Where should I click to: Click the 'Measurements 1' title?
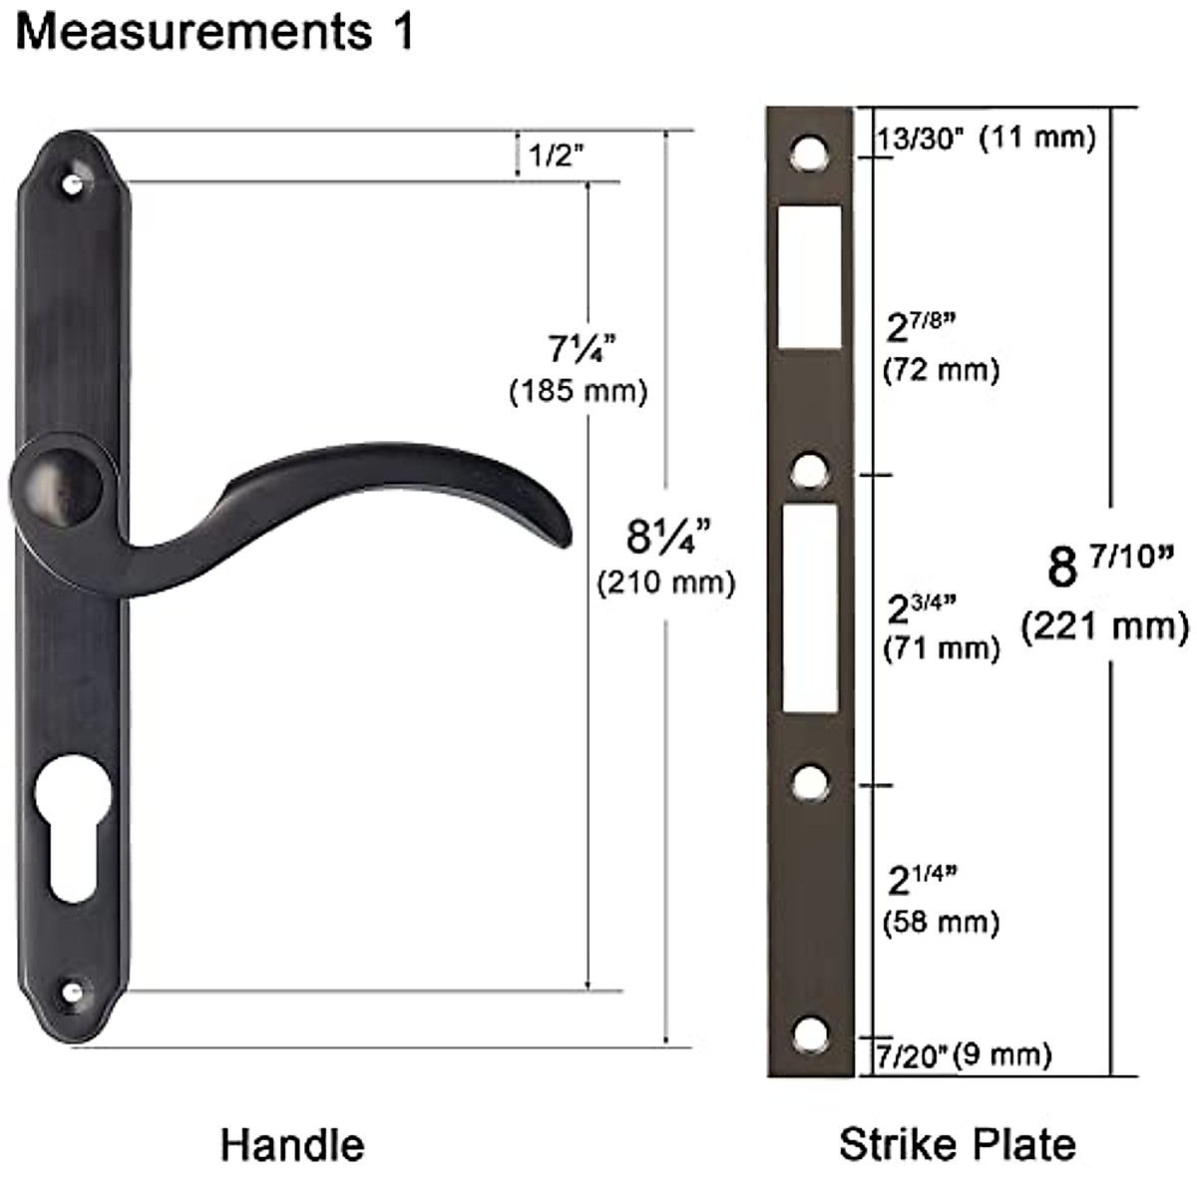[x=213, y=32]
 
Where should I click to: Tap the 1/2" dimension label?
[x=556, y=156]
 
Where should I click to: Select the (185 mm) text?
[x=579, y=391]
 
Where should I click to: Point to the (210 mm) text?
[x=666, y=582]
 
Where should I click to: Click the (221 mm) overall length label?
[x=1105, y=627]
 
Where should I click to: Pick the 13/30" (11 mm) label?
[x=986, y=138]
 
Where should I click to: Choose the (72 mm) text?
[x=941, y=371]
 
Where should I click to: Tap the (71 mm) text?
[x=941, y=648]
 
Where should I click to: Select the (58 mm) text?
[x=941, y=922]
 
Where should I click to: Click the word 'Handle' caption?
[x=292, y=1144]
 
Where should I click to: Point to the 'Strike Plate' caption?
[x=958, y=1144]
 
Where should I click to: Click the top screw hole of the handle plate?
[x=73, y=185]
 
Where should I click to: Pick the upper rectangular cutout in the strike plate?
[x=809, y=277]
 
